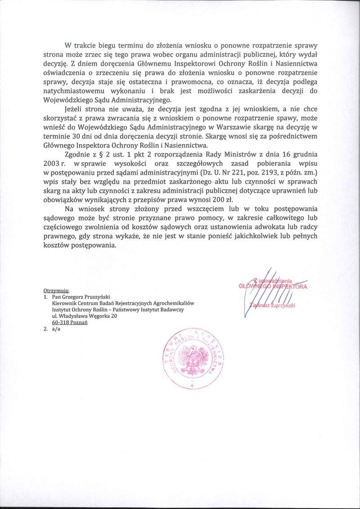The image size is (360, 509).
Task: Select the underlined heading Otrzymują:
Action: coord(56,291)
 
